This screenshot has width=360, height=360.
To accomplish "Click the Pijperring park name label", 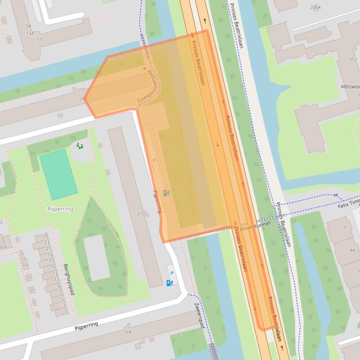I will pyautogui.click(x=60, y=209).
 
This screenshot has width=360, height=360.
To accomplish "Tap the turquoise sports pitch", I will pyautogui.click(x=59, y=174).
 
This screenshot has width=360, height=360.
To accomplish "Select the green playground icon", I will pyautogui.click(x=80, y=146).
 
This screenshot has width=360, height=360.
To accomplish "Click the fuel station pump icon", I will pyautogui.click(x=167, y=193).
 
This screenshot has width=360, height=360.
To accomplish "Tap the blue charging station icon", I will pyautogui.click(x=170, y=282).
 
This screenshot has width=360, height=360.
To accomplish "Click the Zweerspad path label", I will pyautogui.click(x=199, y=315).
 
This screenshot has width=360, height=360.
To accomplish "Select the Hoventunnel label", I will pyautogui.click(x=255, y=224).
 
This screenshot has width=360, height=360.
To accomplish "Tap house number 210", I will pyautogui.click(x=140, y=214).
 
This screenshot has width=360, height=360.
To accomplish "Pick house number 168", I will pyautogui.click(x=127, y=332).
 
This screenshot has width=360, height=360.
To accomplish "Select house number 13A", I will pyautogui.click(x=30, y=33).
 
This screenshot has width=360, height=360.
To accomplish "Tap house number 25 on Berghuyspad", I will pyautogui.click(x=46, y=236).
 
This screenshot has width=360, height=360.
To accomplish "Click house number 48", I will pyautogui.click(x=352, y=251).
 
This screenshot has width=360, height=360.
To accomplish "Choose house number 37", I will pyautogui.click(x=39, y=39).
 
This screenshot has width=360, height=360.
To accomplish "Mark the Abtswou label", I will pyautogui.click(x=350, y=86).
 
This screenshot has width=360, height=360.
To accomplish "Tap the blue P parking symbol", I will pyautogui.click(x=171, y=273).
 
